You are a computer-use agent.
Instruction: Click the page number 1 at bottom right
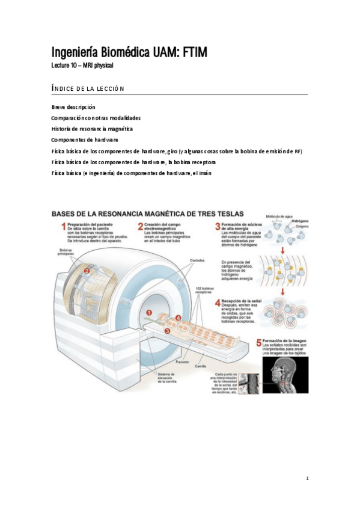307,478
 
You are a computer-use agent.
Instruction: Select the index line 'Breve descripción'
73,106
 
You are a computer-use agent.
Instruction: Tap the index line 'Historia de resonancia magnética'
92,129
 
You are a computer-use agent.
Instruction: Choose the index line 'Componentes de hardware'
84,140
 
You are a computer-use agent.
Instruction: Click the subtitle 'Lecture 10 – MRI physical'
82,65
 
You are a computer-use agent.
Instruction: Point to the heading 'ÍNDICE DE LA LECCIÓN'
88,88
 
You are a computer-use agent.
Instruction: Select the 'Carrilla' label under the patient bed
201,366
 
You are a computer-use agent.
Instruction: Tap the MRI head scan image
285,375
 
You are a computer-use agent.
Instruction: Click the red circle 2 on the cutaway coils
87,271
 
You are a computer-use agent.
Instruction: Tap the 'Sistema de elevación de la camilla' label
166,378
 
